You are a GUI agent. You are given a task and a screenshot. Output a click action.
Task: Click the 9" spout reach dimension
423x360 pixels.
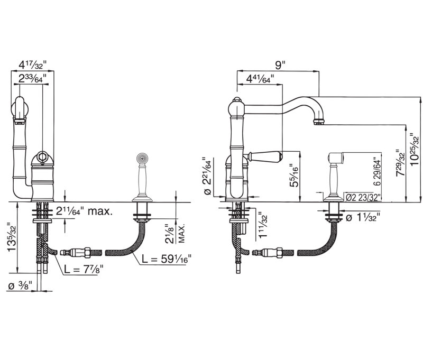280,65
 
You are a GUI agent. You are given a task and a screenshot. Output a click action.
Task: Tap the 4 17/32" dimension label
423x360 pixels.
33,65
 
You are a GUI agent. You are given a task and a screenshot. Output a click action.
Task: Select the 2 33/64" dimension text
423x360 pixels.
32,78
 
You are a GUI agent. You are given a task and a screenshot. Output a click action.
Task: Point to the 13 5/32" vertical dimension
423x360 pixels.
12,237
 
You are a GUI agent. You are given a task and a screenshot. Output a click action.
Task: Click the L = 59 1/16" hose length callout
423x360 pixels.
167,259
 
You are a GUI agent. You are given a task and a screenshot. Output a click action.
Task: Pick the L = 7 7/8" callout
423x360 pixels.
84,269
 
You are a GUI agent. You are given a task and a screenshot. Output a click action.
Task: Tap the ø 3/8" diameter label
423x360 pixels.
20,285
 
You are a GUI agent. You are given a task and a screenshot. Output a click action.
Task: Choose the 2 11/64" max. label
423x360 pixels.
84,211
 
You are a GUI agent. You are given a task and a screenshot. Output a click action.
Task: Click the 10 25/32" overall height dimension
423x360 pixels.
416,150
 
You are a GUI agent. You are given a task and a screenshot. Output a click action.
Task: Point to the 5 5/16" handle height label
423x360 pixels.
293,176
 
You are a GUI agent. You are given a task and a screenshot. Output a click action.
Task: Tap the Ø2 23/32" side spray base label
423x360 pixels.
363,198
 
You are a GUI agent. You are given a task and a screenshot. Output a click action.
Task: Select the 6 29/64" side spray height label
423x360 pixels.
377,172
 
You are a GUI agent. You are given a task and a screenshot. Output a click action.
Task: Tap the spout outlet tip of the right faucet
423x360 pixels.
319,123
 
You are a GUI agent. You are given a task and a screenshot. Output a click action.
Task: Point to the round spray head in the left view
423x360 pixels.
142,158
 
